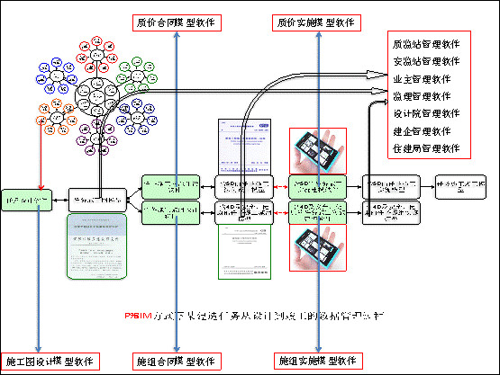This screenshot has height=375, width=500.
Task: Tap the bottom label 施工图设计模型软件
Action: [x=49, y=362]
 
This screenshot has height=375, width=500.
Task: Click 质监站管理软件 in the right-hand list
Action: [x=427, y=43]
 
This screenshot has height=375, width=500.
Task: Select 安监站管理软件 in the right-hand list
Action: [x=427, y=61]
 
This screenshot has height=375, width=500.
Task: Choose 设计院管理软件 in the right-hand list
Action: [x=427, y=113]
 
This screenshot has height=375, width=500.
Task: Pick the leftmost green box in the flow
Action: [x=29, y=195]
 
